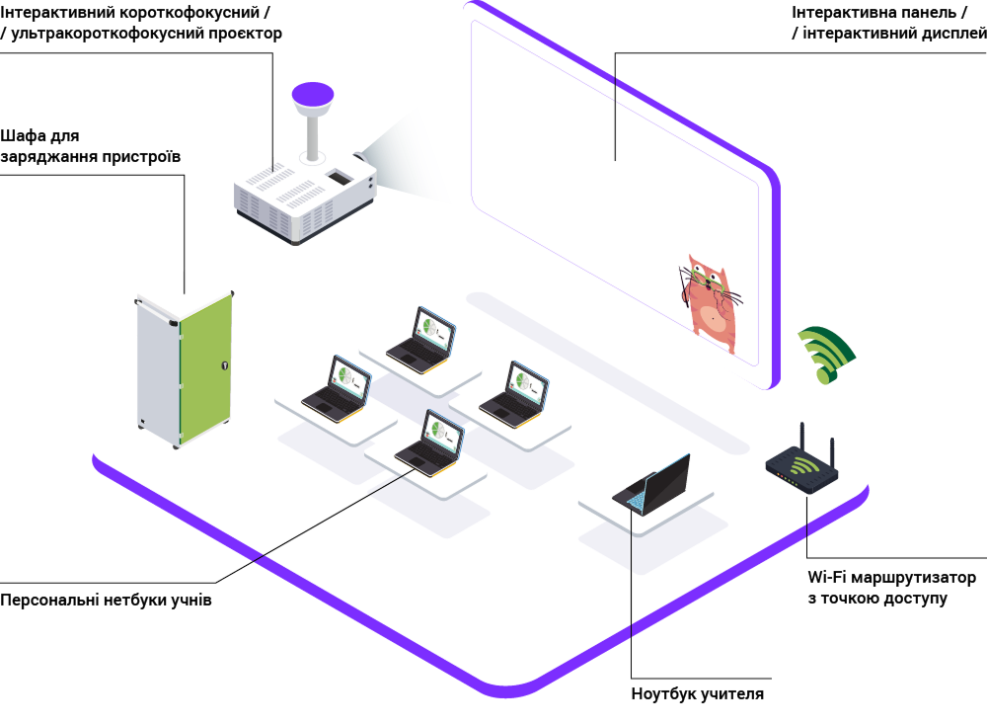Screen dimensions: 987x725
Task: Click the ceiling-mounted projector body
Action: [305, 199]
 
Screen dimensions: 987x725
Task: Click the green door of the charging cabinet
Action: [206, 367]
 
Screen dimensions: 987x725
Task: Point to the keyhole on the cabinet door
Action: [225, 365]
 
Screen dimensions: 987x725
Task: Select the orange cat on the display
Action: [713, 303]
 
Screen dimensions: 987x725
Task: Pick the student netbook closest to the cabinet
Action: [337, 388]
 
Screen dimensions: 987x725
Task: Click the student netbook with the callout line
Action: [430, 443]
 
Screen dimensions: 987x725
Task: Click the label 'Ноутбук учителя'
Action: [698, 694]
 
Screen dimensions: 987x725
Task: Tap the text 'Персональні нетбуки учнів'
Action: [106, 600]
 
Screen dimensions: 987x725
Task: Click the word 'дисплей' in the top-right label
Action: [954, 34]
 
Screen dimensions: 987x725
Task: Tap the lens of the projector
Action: [359, 156]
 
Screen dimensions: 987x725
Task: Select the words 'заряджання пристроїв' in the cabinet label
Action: [91, 157]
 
